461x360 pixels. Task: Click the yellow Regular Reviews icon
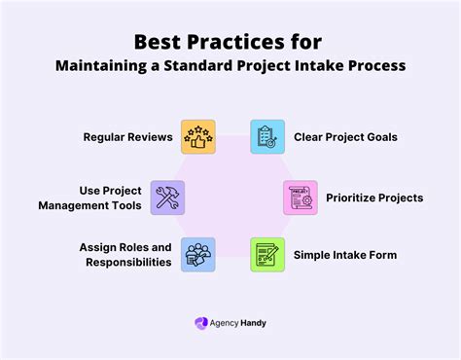[197, 137]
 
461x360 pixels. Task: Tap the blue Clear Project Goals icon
[267, 137]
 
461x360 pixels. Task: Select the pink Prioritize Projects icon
[301, 198]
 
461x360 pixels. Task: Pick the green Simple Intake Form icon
[267, 255]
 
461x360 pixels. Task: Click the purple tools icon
[166, 198]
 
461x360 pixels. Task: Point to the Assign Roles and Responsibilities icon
[197, 255]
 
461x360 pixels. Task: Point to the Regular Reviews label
[127, 137]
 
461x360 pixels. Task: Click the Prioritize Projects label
[374, 198]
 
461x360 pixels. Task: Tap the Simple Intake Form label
[345, 255]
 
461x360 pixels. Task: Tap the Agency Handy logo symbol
[201, 322]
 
